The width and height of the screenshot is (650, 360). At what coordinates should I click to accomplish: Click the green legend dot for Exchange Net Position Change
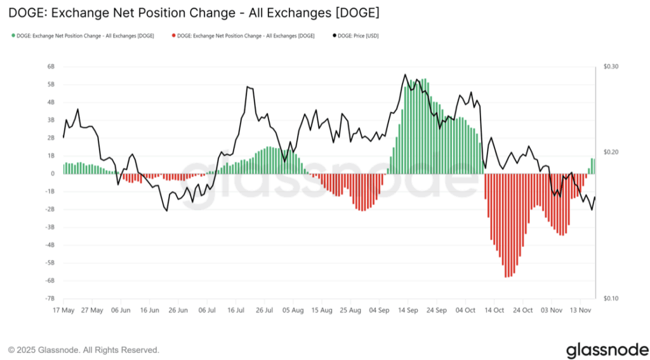[x=13, y=36]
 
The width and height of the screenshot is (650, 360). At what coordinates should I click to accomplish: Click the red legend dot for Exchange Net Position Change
[x=174, y=36]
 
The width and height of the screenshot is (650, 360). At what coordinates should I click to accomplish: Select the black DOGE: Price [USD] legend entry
[x=356, y=36]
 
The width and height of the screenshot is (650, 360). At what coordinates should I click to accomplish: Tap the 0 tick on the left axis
[x=53, y=173]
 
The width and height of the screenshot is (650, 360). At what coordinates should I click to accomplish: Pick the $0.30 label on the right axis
[x=610, y=66]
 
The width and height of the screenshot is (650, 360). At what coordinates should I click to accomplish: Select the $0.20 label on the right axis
[x=610, y=152]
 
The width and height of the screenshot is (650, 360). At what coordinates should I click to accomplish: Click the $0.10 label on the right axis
[x=610, y=298]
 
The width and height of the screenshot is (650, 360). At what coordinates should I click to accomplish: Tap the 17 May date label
[x=64, y=310]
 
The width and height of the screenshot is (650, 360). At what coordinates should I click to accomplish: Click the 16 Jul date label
[x=236, y=310]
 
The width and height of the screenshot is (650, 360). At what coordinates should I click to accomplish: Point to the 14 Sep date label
[x=408, y=310]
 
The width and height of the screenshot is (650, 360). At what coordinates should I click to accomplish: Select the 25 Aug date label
[x=350, y=310]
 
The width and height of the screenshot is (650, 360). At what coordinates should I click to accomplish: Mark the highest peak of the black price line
[x=405, y=74]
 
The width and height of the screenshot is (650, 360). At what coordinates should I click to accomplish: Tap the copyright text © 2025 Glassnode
[x=83, y=350]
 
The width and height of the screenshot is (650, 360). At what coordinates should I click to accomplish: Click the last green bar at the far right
[x=594, y=166]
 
